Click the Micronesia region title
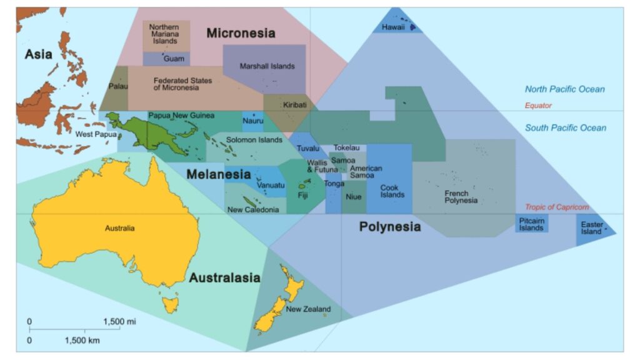tap(241, 33)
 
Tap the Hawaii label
tap(394, 27)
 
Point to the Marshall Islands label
tap(267, 66)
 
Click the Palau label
tap(118, 86)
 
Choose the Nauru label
tap(253, 121)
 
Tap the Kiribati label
tap(295, 105)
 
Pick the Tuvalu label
tap(308, 149)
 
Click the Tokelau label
tap(347, 148)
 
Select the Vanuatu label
tap(271, 186)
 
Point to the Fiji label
tap(303, 196)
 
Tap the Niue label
tap(353, 197)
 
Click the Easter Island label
tap(591, 228)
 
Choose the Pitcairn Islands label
tap(531, 224)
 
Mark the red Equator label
tap(538, 106)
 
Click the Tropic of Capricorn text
tap(556, 207)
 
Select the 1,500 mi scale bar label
tap(119, 321)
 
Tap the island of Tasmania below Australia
tap(169, 305)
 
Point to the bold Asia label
tap(38, 54)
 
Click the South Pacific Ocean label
tap(565, 128)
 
